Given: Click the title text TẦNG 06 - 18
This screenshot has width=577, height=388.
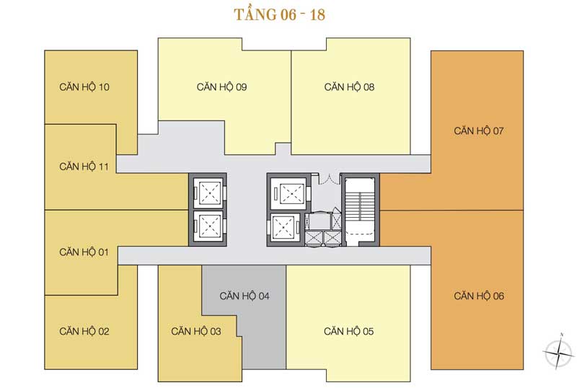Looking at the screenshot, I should coord(280,16).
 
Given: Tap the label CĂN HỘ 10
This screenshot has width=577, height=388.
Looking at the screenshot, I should coord(84,87).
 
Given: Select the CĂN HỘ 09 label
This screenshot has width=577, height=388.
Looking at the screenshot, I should coord(221,87).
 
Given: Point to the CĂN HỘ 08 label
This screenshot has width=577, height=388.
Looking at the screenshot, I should coord(349,87).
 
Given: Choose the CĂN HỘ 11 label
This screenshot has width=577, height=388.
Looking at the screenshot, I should coord(84,166).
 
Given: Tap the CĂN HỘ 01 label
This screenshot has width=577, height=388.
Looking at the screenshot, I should coord(84,252).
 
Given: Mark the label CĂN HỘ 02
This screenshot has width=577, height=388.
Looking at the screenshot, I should coord(84,331).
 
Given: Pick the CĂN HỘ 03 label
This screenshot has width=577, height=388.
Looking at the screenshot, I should coord(196,331).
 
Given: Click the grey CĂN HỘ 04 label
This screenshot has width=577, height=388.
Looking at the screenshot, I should coord(245,295).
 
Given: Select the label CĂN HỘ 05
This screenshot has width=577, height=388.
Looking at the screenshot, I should coord(349,331).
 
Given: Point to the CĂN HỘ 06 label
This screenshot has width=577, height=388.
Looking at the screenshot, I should coord(479,295).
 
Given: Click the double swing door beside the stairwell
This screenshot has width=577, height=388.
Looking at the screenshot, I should coord(327,180).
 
